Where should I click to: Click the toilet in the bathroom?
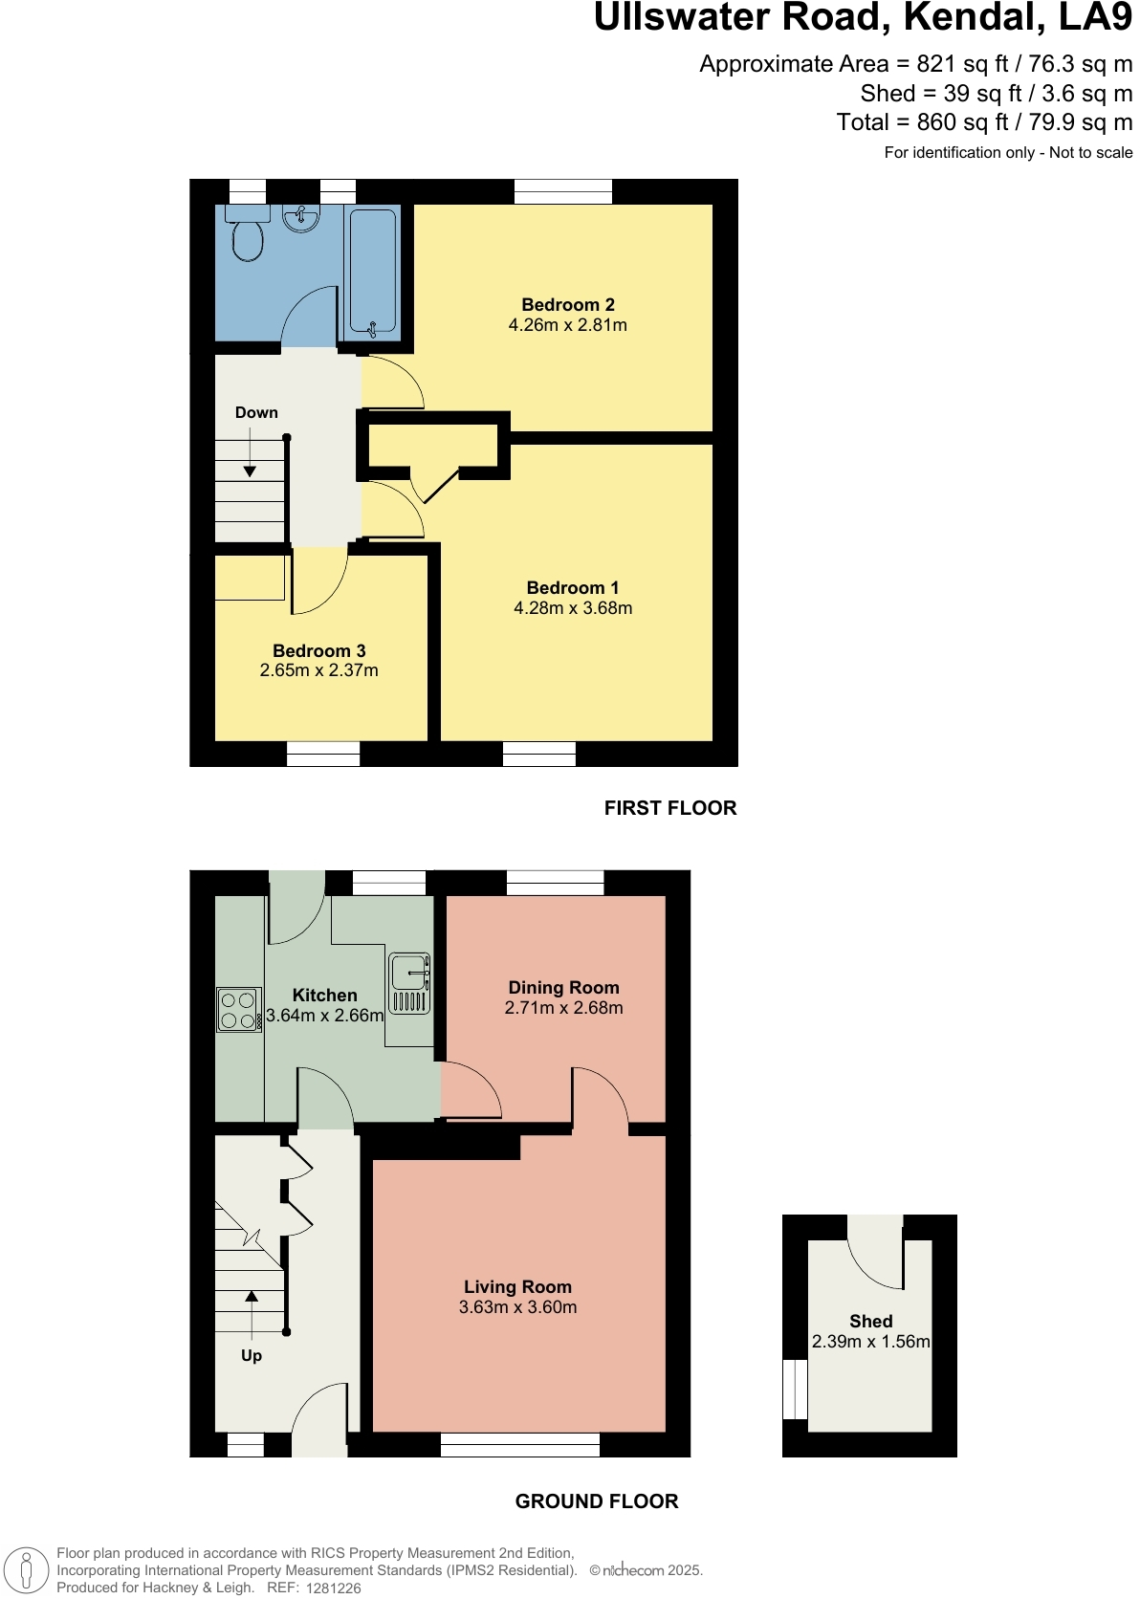(x=248, y=235)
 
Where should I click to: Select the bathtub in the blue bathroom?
(x=372, y=271)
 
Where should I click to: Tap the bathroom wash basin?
(x=301, y=219)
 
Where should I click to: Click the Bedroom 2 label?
(x=568, y=305)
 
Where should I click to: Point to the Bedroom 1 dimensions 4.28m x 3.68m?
(x=573, y=608)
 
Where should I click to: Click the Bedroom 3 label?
(x=319, y=651)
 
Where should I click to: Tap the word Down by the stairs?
(x=256, y=413)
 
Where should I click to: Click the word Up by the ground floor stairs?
(x=252, y=1356)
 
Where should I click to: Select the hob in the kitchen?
(x=239, y=1010)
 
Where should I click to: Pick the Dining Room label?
(x=563, y=988)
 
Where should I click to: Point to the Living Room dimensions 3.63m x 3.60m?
(x=517, y=1307)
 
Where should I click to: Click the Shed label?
(x=870, y=1322)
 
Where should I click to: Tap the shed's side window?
(x=795, y=1389)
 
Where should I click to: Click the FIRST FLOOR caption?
(x=669, y=808)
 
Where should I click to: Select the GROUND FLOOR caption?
(x=596, y=1501)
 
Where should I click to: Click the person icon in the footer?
(x=27, y=1570)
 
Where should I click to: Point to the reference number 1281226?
(x=333, y=1588)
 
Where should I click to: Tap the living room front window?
(x=519, y=1444)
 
